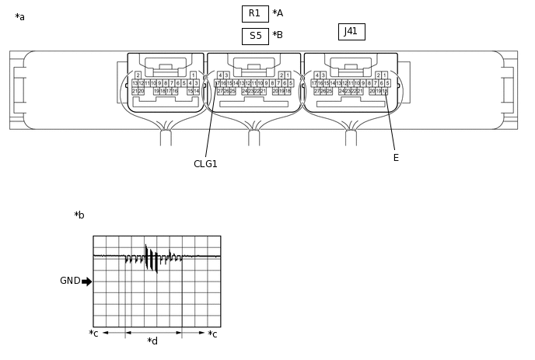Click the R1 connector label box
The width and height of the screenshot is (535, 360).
click(x=255, y=13)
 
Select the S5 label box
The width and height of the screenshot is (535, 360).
click(x=255, y=36)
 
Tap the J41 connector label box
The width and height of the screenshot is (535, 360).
click(x=351, y=32)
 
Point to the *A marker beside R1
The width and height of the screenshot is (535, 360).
click(x=278, y=13)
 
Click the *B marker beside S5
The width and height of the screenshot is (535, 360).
click(x=278, y=35)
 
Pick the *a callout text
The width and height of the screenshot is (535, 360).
click(x=19, y=17)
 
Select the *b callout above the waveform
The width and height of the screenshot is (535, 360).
click(x=79, y=215)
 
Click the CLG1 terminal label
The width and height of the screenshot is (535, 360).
click(x=205, y=164)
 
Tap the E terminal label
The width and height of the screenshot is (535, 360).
click(x=396, y=158)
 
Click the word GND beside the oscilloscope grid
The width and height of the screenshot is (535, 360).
click(x=70, y=281)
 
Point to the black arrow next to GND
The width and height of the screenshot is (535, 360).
click(x=86, y=281)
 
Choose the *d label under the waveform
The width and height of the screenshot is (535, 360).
click(x=152, y=341)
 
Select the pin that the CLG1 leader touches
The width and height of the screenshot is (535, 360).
click(x=217, y=83)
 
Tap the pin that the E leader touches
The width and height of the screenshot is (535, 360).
click(x=385, y=91)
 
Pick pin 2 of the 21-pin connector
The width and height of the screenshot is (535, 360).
click(x=138, y=75)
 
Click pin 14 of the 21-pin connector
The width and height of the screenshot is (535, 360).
click(x=196, y=91)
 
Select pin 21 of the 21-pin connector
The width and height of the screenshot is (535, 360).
click(x=135, y=91)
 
